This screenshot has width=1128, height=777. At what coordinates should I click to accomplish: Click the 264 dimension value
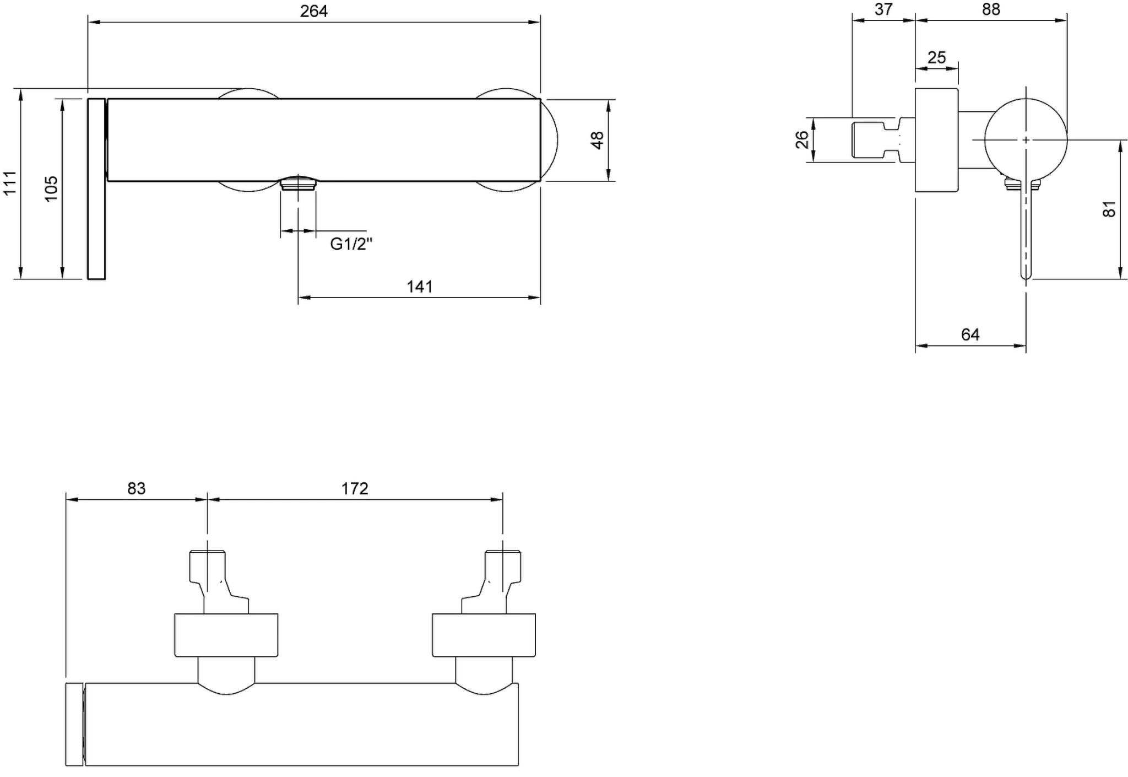click(314, 11)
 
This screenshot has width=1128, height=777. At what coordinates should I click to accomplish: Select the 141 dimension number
click(420, 287)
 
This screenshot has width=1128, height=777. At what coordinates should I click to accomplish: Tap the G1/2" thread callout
click(351, 244)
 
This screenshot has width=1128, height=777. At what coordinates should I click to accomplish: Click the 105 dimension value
click(51, 188)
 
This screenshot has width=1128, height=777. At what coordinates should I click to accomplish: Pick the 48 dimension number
click(597, 140)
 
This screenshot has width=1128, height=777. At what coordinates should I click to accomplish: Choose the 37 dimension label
click(883, 9)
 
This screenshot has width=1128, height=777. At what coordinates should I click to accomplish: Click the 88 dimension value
click(991, 9)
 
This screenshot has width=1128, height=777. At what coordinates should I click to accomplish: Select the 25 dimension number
click(936, 57)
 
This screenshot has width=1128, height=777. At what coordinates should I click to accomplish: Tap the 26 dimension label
click(802, 139)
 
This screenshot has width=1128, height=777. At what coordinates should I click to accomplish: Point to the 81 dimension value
click(1109, 209)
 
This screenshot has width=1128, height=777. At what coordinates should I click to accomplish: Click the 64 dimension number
click(970, 334)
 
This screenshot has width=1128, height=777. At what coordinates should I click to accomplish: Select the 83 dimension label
click(137, 488)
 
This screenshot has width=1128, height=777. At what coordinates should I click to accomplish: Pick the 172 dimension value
click(355, 488)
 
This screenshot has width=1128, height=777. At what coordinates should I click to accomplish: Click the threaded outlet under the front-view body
click(298, 183)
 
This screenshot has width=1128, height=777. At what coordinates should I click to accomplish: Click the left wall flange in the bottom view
click(226, 635)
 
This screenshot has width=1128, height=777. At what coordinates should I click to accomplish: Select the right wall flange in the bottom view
click(484, 635)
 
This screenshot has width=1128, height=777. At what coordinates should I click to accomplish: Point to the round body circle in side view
click(1026, 140)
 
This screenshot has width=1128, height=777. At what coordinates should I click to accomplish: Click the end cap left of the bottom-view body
click(74, 724)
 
